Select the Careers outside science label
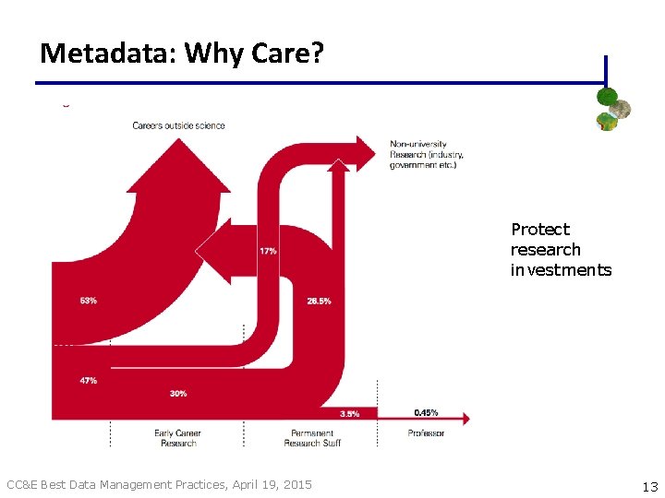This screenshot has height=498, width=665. click(178, 125)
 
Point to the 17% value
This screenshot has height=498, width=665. click(268, 251)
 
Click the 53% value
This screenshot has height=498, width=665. click(89, 301)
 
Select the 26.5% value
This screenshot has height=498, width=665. click(320, 301)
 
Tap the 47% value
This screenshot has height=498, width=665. click(89, 380)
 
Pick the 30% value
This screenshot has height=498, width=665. click(178, 394)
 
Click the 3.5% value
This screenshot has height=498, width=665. click(350, 414)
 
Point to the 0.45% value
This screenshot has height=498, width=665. click(426, 413)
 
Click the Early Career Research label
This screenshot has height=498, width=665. click(177, 438)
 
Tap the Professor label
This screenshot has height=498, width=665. click(426, 433)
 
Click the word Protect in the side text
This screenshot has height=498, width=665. click(540, 230)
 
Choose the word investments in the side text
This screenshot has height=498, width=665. click(561, 270)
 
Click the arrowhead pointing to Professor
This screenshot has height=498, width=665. click(463, 418)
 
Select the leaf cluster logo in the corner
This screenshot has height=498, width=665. click(612, 108)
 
